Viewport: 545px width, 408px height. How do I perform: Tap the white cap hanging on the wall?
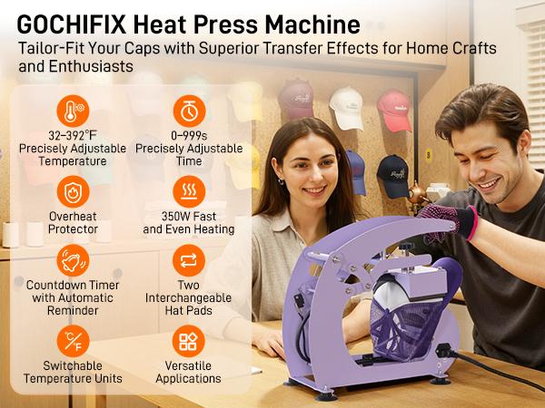point(346,106)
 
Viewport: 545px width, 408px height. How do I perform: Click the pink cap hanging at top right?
point(393,109)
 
